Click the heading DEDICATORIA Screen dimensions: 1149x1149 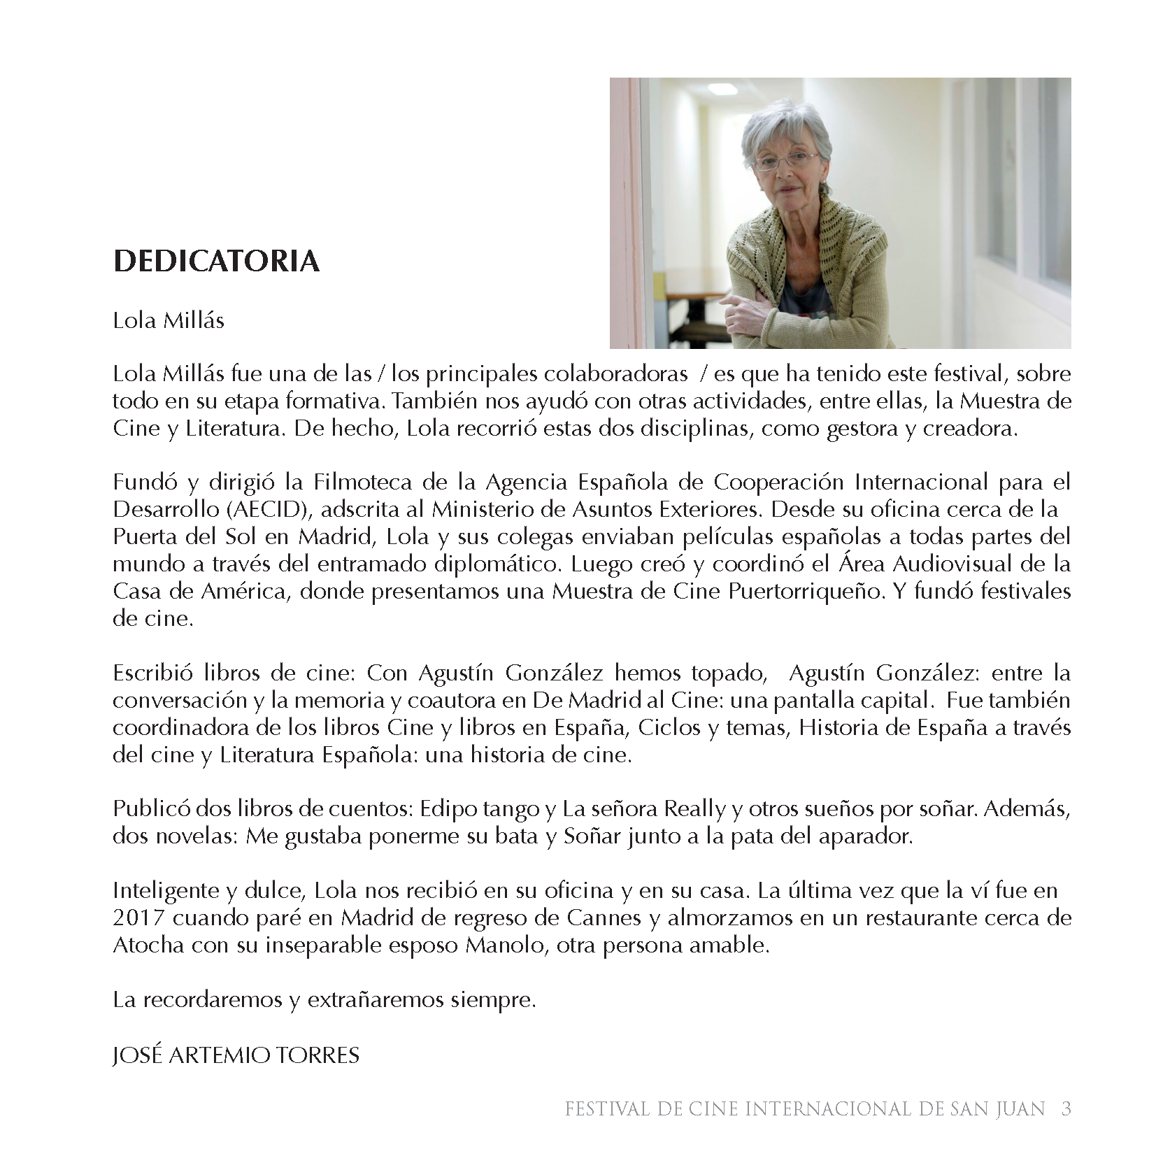(216, 262)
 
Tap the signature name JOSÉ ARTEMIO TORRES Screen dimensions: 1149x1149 (236, 1055)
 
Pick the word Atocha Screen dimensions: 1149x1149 (148, 945)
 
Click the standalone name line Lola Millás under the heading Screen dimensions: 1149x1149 (169, 321)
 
